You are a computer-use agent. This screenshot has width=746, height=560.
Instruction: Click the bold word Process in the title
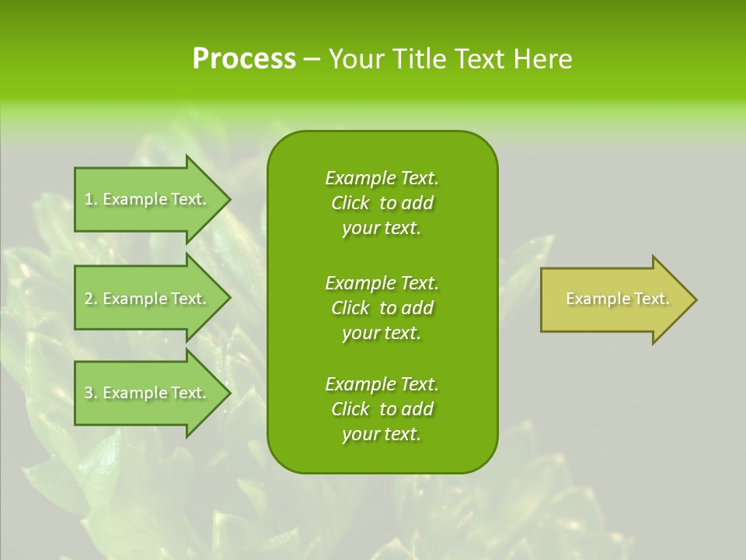click(x=244, y=59)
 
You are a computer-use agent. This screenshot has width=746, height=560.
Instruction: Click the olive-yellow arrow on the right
click(x=614, y=299)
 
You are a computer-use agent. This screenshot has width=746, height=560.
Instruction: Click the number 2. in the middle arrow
click(x=91, y=299)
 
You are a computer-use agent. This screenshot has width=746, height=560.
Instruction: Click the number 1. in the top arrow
click(x=91, y=199)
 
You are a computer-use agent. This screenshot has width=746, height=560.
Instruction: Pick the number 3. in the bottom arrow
click(x=91, y=393)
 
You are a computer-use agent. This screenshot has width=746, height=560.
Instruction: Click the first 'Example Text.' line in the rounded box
click(x=382, y=178)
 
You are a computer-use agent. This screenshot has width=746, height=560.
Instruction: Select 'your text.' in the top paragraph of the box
click(x=382, y=228)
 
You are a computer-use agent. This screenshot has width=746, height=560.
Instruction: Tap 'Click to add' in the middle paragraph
click(x=382, y=308)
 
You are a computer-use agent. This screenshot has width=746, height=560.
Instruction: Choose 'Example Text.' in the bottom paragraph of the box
click(x=382, y=384)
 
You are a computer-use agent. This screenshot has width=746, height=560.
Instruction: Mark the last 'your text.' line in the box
click(x=382, y=434)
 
